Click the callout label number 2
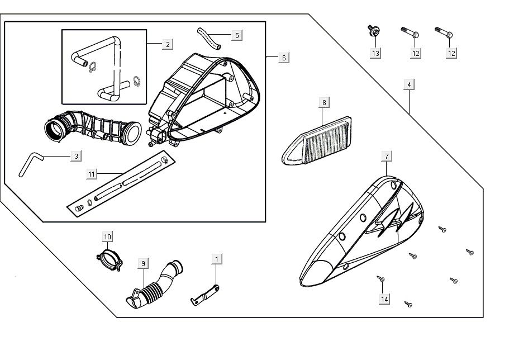(x=168, y=44)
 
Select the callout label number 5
(x=237, y=35)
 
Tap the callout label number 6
(x=284, y=58)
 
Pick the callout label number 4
(x=410, y=85)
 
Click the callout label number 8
(x=323, y=102)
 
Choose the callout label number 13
(x=375, y=53)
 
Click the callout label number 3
(x=77, y=156)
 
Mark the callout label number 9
(x=143, y=263)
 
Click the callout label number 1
(x=217, y=259)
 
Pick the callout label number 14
(x=384, y=300)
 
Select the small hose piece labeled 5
(x=208, y=36)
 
